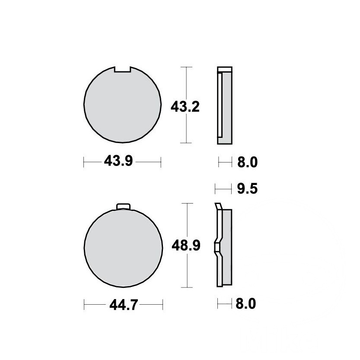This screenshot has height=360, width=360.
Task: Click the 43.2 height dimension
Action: (x=185, y=107)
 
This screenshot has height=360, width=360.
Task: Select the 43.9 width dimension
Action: (x=118, y=161)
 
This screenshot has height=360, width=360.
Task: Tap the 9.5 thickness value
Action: (x=247, y=189)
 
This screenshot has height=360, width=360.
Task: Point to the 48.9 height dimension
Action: (x=186, y=245)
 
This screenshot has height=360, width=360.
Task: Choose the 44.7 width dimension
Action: (x=124, y=305)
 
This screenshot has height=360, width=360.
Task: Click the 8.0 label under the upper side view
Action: (x=247, y=162)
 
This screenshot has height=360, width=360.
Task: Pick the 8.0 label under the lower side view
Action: (x=245, y=304)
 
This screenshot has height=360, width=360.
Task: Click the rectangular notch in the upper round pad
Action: (x=123, y=70)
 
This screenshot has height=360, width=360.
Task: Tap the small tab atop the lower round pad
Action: (x=123, y=207)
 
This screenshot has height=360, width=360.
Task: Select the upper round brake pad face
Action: (x=122, y=105)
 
